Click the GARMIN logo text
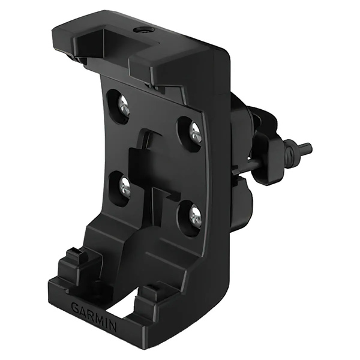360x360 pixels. [x=94, y=316]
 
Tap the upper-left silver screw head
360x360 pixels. [x=124, y=106]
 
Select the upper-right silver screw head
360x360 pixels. [x=195, y=134]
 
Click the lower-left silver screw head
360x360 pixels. [x=125, y=188]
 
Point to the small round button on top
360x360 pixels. [x=143, y=30]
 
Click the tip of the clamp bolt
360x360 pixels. [x=310, y=146]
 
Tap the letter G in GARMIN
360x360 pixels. [x=76, y=307]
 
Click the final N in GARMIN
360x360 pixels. [x=112, y=326]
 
